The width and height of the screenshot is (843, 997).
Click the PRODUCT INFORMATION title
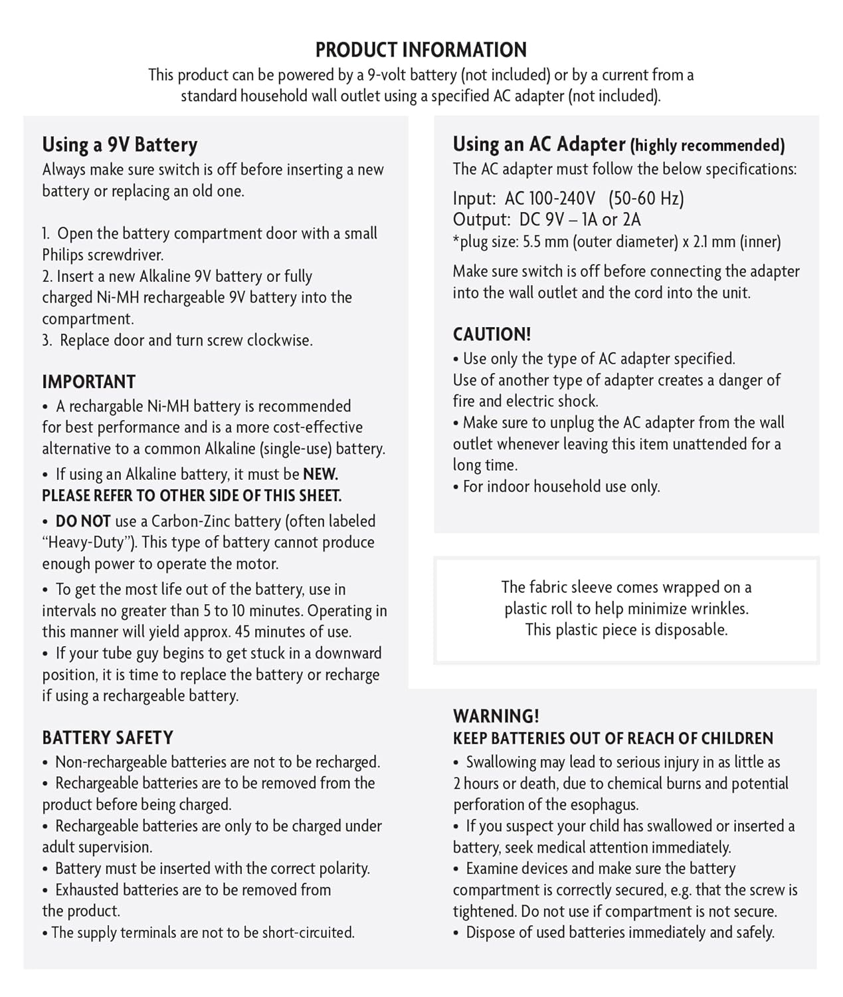click(x=421, y=50)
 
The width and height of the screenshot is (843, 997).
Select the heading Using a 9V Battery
click(x=120, y=145)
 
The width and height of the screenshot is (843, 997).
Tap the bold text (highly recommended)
click(x=707, y=146)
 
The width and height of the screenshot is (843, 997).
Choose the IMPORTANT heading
click(x=88, y=382)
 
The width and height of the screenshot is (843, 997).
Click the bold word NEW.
click(x=320, y=475)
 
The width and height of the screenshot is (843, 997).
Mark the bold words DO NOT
click(x=82, y=522)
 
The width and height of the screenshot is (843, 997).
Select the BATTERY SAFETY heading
click(x=107, y=738)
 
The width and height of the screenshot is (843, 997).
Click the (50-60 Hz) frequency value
click(x=646, y=199)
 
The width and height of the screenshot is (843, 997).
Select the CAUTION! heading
click(x=492, y=334)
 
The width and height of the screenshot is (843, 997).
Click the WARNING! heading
click(x=496, y=717)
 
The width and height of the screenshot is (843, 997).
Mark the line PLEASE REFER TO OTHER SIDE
click(x=191, y=496)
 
